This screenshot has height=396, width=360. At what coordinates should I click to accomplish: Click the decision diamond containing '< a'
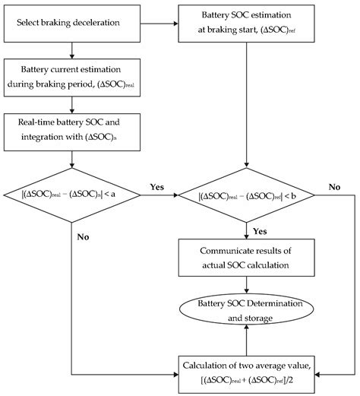coord(71,194)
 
